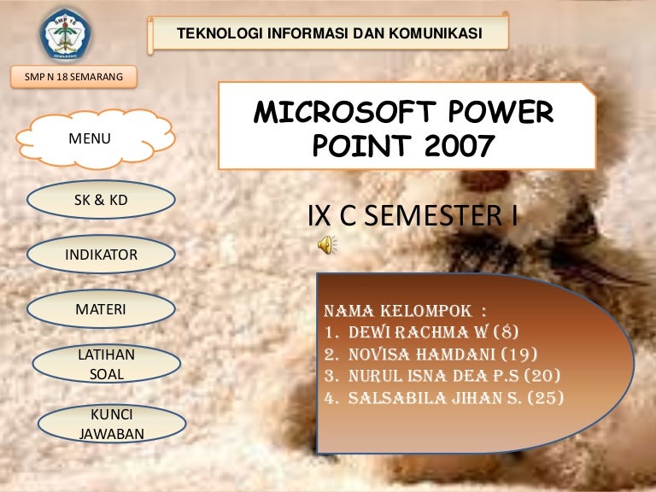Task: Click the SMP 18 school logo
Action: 65,34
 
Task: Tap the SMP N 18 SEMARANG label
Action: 73,77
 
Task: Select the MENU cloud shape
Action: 96,139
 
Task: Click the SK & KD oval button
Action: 101,200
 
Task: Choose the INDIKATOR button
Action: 101,255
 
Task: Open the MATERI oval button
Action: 101,309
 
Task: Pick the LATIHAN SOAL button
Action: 106,364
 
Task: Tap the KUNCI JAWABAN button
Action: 112,424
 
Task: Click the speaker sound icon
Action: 327,245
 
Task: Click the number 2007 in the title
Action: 460,145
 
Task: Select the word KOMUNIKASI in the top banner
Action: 436,33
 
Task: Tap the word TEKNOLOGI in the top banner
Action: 220,33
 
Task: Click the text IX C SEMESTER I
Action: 413,216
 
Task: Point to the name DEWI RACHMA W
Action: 419,332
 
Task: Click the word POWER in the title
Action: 501,112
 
